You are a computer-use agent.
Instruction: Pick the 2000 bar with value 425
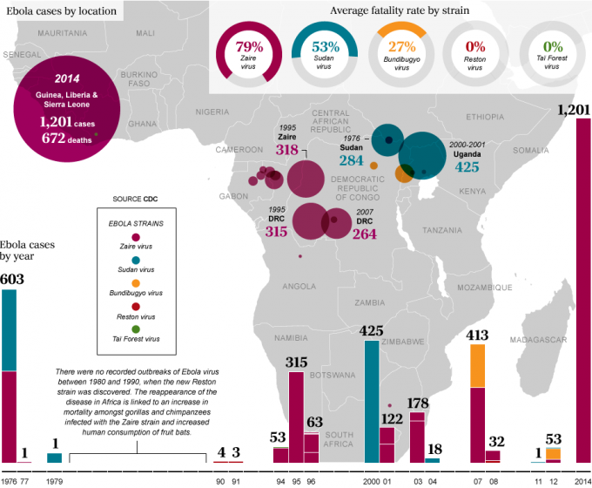coord(372,402)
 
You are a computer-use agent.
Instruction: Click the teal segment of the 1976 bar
coord(9,330)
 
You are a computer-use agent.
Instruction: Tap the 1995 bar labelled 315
coord(296,417)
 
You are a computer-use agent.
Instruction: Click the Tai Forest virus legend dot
coord(135,329)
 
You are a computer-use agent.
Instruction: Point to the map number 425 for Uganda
coord(467,167)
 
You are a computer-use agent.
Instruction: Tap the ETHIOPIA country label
coord(485,116)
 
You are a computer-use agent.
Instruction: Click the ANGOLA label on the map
coord(299,286)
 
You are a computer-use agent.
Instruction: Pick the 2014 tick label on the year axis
coord(582,481)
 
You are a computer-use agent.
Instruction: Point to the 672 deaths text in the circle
coord(67,136)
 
